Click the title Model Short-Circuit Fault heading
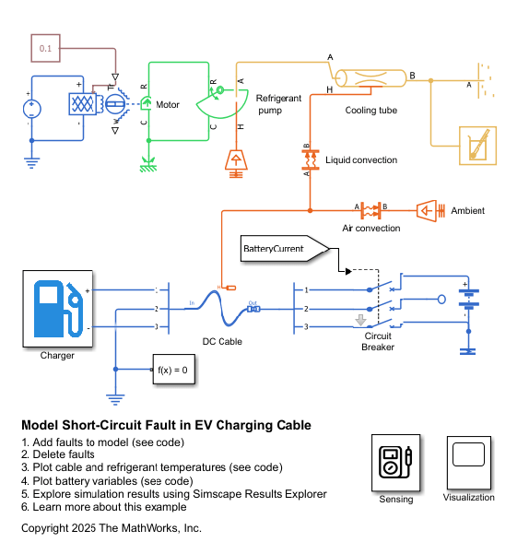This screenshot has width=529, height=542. pos(166,425)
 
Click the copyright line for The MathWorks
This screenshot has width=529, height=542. pos(111,528)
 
